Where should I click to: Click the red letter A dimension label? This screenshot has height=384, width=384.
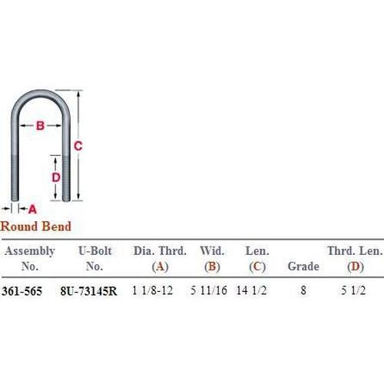(x=32, y=209)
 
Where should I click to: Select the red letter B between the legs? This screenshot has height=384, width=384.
(x=40, y=126)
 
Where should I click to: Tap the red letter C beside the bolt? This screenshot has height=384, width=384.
(x=78, y=146)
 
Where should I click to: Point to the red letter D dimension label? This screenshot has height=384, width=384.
(x=56, y=177)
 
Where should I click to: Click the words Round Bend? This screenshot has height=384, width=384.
(x=35, y=227)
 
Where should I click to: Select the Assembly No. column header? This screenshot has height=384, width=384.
(x=30, y=258)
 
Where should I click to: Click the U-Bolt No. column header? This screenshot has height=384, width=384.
(x=95, y=258)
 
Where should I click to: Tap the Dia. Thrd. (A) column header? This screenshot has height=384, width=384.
(x=160, y=259)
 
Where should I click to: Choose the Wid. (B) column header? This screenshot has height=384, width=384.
(x=212, y=259)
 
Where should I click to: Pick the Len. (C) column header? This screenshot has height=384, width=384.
(x=257, y=259)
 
